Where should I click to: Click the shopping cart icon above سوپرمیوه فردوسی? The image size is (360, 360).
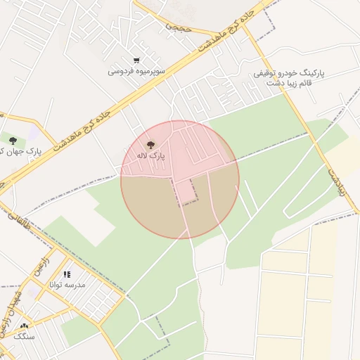point(136,60)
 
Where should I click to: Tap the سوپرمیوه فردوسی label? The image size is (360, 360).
point(136,71)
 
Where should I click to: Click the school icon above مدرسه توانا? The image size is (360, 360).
point(67,274)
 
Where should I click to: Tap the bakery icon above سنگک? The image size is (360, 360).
point(25,326)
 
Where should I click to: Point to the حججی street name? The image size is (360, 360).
point(179,27)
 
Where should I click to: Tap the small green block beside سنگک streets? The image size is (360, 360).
point(77,330)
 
